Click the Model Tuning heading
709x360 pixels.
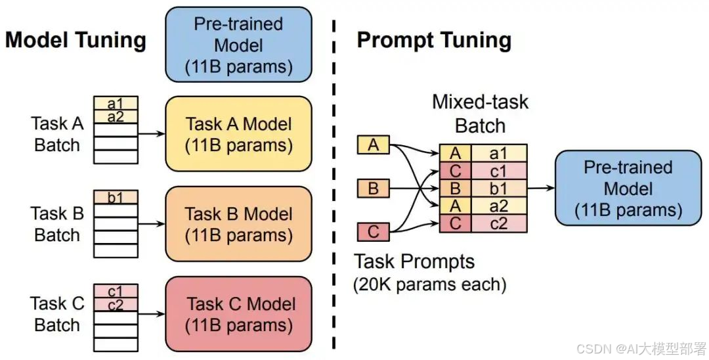coord(75,41)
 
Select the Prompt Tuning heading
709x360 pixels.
coord(434,41)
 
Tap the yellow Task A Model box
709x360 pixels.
coord(238,134)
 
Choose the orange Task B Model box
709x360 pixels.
coord(238,224)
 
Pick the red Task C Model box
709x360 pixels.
coord(238,314)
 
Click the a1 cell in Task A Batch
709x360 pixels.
coord(116,103)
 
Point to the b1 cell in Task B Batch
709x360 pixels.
coord(116,197)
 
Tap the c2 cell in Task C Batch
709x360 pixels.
coord(116,304)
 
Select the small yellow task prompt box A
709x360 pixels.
coord(374,145)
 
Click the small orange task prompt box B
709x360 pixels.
coord(374,189)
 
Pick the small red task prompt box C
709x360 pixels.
coord(374,232)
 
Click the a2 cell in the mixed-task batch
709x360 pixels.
coord(499,206)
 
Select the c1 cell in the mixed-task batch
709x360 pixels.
coord(499,172)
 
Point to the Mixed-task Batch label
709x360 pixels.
coord(480,114)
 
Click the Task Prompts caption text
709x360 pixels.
coord(414,262)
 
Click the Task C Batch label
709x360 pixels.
coord(57,314)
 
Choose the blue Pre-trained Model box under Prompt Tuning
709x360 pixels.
coord(628,189)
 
